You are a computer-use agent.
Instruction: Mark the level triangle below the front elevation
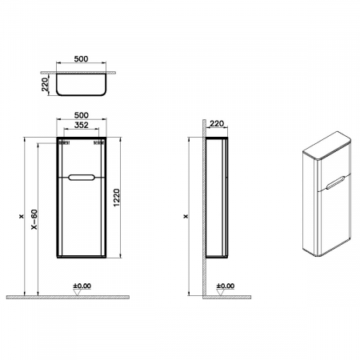77,293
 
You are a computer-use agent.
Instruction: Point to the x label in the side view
186,215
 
